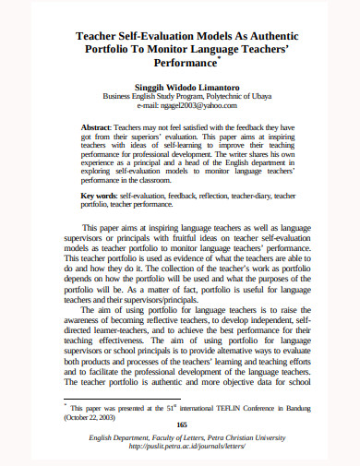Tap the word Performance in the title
179,67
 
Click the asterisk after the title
219,61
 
